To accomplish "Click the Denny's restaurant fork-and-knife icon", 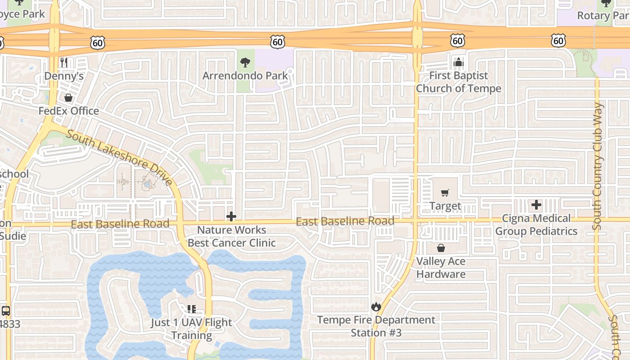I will click(x=64, y=63).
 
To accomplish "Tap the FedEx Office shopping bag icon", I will click(x=68, y=98).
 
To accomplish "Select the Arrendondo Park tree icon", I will click(x=245, y=63).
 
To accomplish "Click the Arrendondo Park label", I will click(x=245, y=76).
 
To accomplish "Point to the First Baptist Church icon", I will click(x=458, y=62).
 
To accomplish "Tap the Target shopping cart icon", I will click(x=445, y=193).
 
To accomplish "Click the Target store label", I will click(x=445, y=206).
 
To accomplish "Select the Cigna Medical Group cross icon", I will click(x=536, y=205).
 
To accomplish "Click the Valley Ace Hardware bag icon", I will click(x=441, y=248).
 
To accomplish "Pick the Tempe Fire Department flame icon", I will click(x=376, y=307).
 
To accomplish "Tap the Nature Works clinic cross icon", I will click(x=231, y=216).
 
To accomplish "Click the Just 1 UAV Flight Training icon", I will click(x=192, y=309).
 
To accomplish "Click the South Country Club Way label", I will click(x=598, y=166).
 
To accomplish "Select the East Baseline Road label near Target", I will click(x=345, y=221).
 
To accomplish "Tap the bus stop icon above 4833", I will click(x=6, y=310).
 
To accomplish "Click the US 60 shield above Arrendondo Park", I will click(x=278, y=42).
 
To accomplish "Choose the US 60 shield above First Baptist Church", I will click(x=457, y=41).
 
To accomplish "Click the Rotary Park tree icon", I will click(x=606, y=4).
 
